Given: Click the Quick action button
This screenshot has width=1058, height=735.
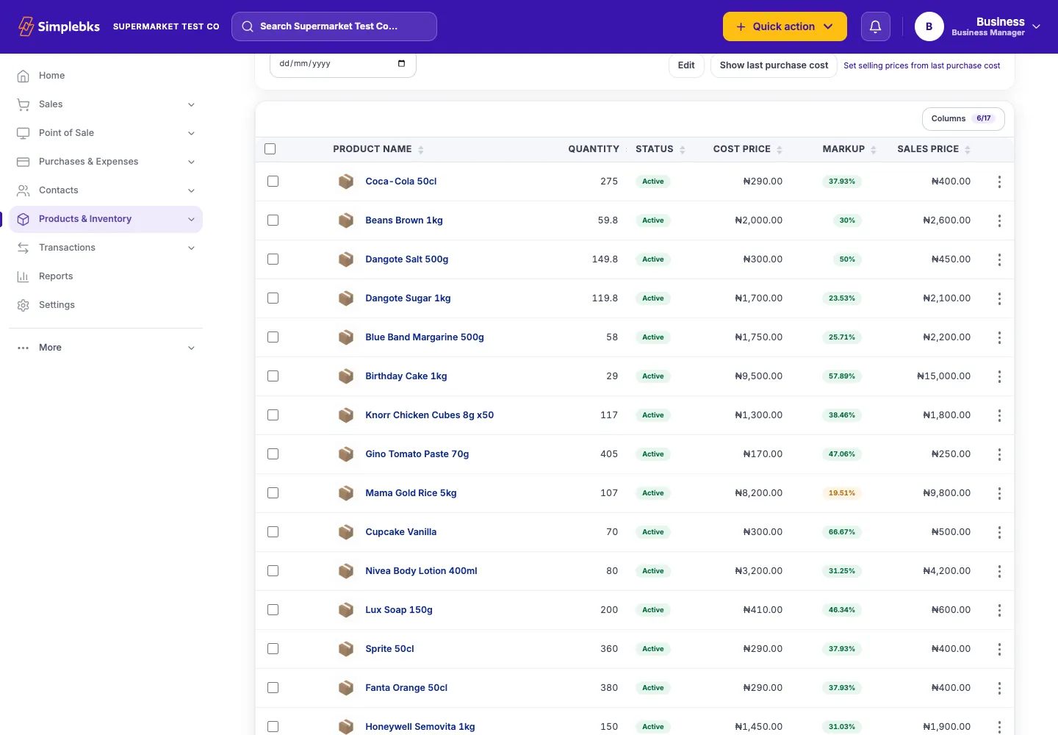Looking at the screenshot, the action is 785,26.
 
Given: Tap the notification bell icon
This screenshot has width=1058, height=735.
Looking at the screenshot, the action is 875,26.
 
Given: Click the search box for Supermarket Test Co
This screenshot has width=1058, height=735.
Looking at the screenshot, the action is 334,26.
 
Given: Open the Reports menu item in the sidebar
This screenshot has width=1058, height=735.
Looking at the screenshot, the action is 56,276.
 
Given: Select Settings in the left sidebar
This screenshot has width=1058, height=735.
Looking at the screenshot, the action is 57,305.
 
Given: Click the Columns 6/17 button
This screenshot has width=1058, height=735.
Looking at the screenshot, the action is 963,118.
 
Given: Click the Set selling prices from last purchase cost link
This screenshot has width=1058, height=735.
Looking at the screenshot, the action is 921,65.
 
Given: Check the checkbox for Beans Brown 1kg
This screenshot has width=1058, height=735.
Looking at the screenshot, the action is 273,220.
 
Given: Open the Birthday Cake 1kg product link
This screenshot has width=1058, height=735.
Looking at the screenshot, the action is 406,376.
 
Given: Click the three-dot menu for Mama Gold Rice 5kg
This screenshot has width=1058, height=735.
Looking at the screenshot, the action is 999,493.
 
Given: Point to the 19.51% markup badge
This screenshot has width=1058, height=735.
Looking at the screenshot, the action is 842,492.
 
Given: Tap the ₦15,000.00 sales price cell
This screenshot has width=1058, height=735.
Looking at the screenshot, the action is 943,376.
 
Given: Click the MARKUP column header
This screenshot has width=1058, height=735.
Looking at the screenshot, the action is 843,149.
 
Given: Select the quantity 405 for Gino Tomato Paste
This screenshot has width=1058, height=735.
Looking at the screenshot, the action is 609,454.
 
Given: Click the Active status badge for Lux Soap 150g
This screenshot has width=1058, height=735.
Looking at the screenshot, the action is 652,610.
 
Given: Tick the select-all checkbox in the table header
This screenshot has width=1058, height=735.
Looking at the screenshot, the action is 270,148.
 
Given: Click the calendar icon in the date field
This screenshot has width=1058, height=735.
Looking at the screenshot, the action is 401,63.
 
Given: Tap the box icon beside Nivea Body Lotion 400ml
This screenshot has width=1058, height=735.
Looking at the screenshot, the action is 346,570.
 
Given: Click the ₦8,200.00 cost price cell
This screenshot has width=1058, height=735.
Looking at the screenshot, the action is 758,492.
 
